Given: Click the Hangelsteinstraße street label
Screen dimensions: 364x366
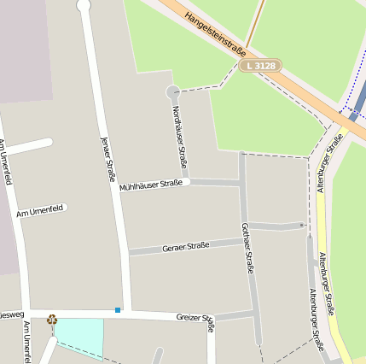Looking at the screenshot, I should [215, 32].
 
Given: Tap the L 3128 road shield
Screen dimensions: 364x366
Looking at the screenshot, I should [259, 65].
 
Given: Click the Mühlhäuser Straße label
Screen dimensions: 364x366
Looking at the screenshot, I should [151, 185].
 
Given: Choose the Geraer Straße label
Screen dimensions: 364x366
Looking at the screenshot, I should [186, 246].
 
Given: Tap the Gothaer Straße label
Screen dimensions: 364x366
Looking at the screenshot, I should [247, 248].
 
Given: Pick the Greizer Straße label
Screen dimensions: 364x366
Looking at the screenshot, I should [195, 319].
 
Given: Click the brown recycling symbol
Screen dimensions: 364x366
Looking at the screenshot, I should [52, 320].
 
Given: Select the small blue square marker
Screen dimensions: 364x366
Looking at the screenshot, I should [118, 309].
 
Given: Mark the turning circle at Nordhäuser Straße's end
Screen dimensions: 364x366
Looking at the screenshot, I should [173, 91].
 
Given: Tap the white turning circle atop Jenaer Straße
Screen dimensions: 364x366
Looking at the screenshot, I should [84, 5].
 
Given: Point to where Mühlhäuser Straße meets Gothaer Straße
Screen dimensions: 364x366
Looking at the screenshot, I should [242, 182].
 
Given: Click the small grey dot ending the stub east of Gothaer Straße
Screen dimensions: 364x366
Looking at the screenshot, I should [302, 226].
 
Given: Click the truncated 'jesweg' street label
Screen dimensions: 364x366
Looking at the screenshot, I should [11, 313].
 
